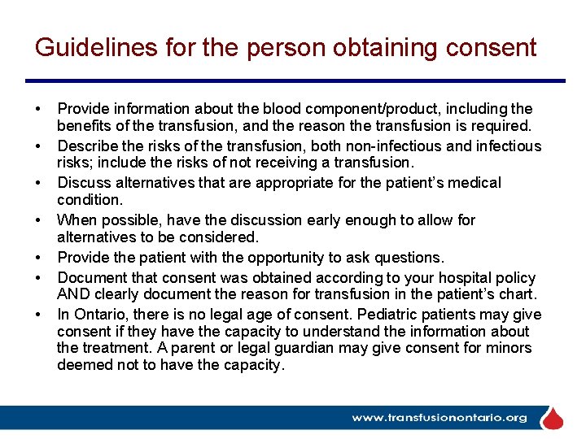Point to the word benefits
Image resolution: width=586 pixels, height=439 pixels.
pos(85,126)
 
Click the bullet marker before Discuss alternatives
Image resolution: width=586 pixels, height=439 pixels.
pos(38,184)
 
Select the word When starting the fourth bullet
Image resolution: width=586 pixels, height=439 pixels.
pos(76,220)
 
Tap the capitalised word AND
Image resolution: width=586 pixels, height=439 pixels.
pos(74,294)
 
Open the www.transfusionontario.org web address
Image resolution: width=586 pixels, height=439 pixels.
pos(439,418)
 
